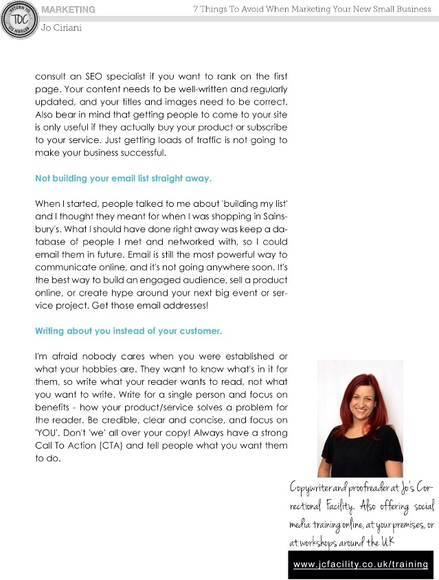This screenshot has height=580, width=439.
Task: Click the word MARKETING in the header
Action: (x=69, y=10)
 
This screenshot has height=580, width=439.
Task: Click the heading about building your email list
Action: (x=123, y=178)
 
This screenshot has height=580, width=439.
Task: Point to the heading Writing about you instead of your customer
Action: (x=128, y=331)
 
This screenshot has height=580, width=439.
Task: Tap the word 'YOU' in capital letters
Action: (x=48, y=434)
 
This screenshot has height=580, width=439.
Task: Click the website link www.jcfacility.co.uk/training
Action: (x=361, y=564)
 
